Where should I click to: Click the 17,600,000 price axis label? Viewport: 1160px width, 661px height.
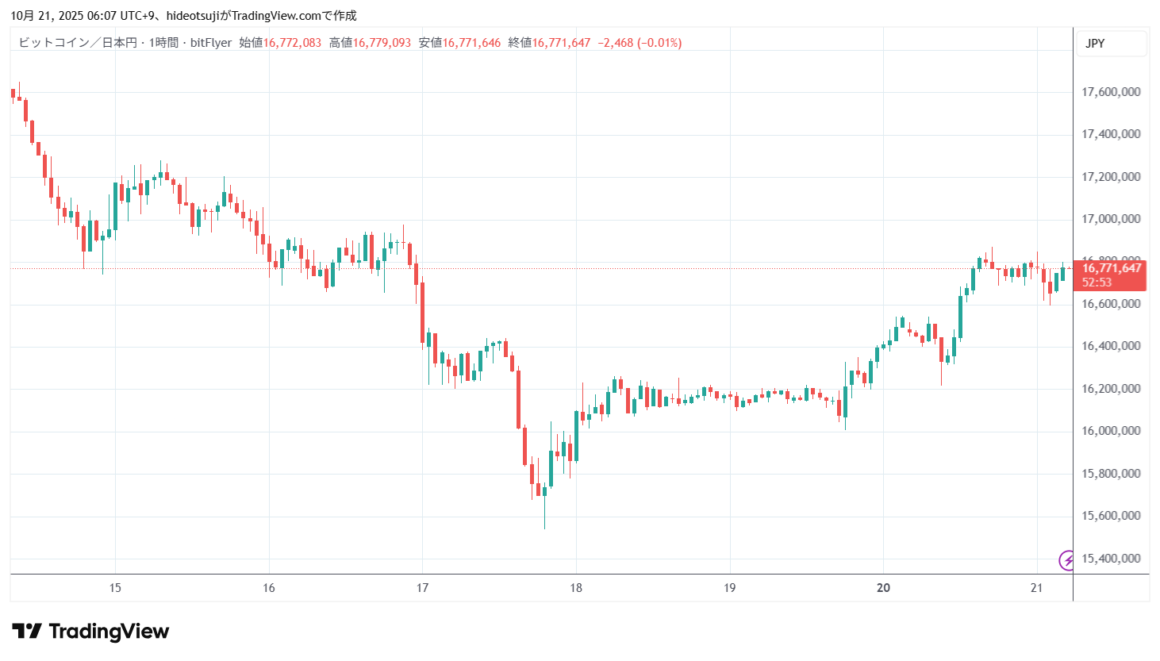[1111, 92]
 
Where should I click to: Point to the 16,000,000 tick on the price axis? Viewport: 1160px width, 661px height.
[1111, 431]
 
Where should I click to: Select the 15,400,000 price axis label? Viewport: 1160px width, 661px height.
[1111, 559]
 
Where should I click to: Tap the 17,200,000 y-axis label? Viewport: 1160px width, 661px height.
[1111, 177]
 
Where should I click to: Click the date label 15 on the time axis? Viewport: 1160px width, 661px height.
[115, 588]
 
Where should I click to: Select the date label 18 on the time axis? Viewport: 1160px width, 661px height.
[576, 588]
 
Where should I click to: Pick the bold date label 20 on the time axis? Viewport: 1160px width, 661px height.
[883, 588]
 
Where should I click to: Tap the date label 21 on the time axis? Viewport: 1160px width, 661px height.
[1036, 588]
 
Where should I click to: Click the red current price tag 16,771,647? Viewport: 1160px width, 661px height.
[1112, 268]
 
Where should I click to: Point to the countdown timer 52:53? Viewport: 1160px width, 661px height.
[1097, 282]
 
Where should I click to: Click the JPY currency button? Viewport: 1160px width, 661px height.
[1095, 44]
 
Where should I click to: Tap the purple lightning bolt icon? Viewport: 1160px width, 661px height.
[1067, 561]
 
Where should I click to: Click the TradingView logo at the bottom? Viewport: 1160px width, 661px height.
[90, 632]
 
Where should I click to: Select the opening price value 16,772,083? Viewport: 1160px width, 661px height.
[292, 43]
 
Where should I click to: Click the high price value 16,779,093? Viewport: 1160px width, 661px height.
[382, 43]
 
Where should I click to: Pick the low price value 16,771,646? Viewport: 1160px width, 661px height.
[471, 43]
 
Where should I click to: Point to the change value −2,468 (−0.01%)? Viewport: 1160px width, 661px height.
[639, 43]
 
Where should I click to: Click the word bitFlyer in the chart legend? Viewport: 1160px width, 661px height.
[211, 43]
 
